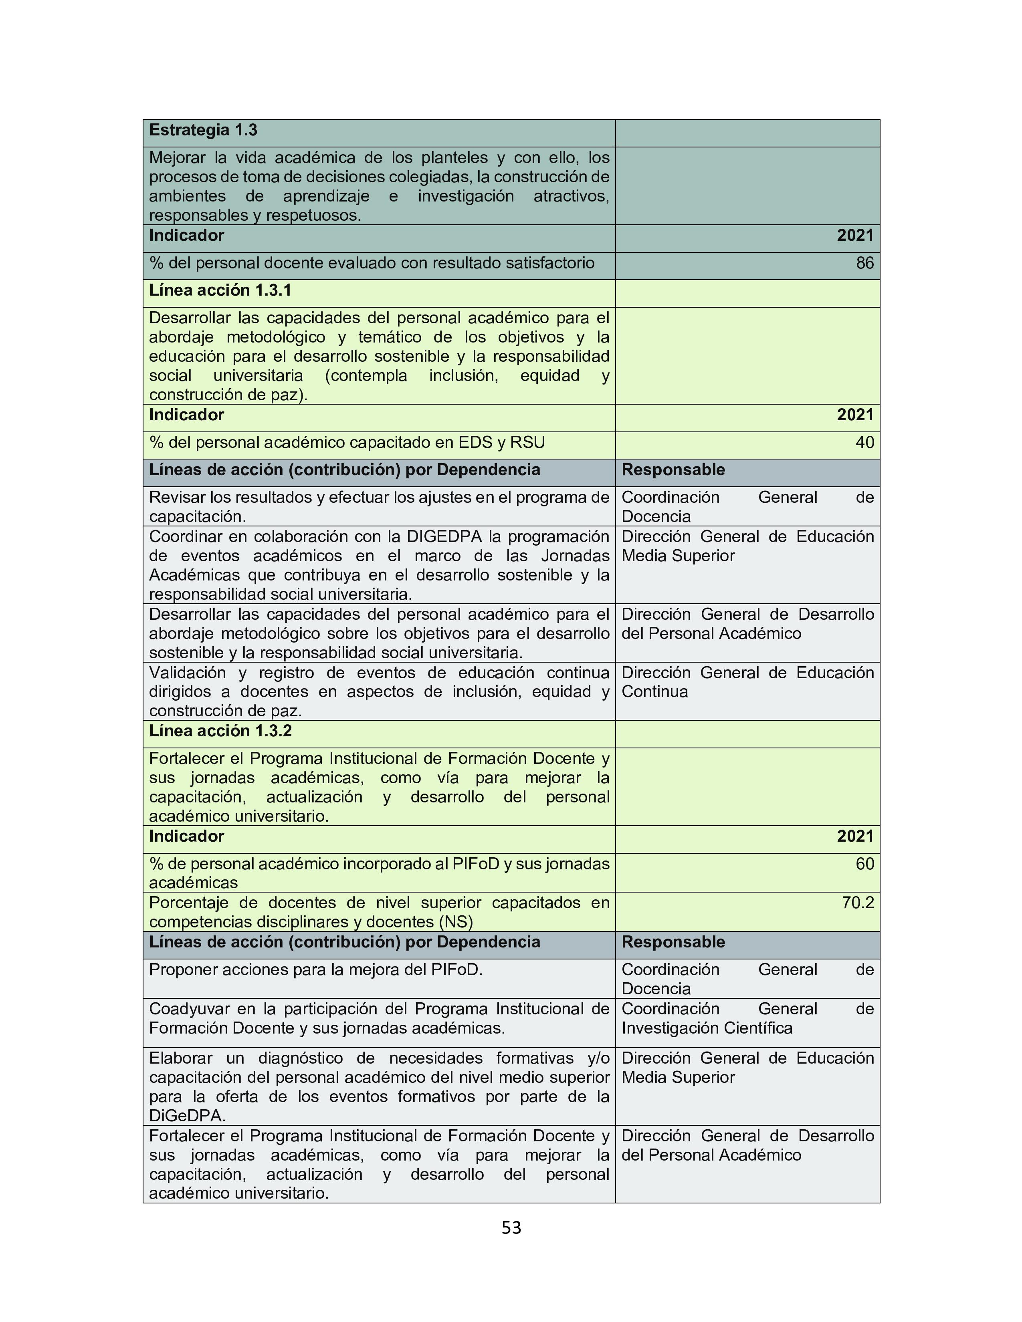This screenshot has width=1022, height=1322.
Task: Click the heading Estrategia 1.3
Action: coord(203,130)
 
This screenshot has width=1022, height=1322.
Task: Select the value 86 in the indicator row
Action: coord(864,263)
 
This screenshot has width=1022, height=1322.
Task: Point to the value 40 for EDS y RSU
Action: coord(864,443)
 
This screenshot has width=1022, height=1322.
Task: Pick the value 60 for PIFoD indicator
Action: coord(864,864)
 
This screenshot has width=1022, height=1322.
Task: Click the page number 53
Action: coord(511,1227)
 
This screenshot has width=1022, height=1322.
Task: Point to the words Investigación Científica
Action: coord(707,1028)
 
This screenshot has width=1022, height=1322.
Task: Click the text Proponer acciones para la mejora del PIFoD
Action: coord(315,970)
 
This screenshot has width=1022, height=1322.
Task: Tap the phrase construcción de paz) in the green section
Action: coord(228,395)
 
